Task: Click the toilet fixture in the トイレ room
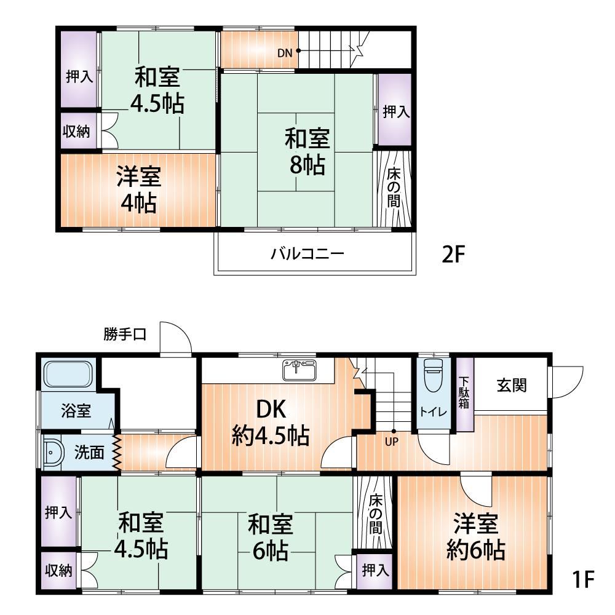433,375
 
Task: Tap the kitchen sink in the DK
299,370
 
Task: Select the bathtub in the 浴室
68,374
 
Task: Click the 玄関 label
512,385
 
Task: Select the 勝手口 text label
125,335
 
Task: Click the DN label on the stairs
285,52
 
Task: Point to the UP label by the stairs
391,442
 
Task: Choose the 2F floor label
453,255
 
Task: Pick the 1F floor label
583,579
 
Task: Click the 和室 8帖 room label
307,151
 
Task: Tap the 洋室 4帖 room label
139,190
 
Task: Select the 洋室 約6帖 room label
476,536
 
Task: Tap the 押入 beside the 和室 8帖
395,110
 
